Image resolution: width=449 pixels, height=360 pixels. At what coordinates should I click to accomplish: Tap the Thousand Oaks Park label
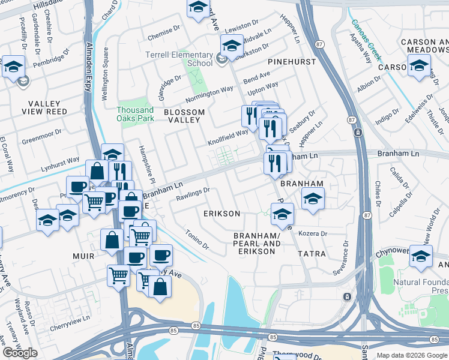pos(135,113)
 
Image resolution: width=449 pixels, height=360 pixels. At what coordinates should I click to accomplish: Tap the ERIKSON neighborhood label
pos(221,214)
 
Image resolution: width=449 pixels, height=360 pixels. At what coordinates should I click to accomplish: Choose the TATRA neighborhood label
pos(312,254)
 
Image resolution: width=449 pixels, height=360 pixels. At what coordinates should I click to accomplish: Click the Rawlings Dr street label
pos(193,193)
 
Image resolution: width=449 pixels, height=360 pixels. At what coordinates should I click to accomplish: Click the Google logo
pos(20,353)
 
